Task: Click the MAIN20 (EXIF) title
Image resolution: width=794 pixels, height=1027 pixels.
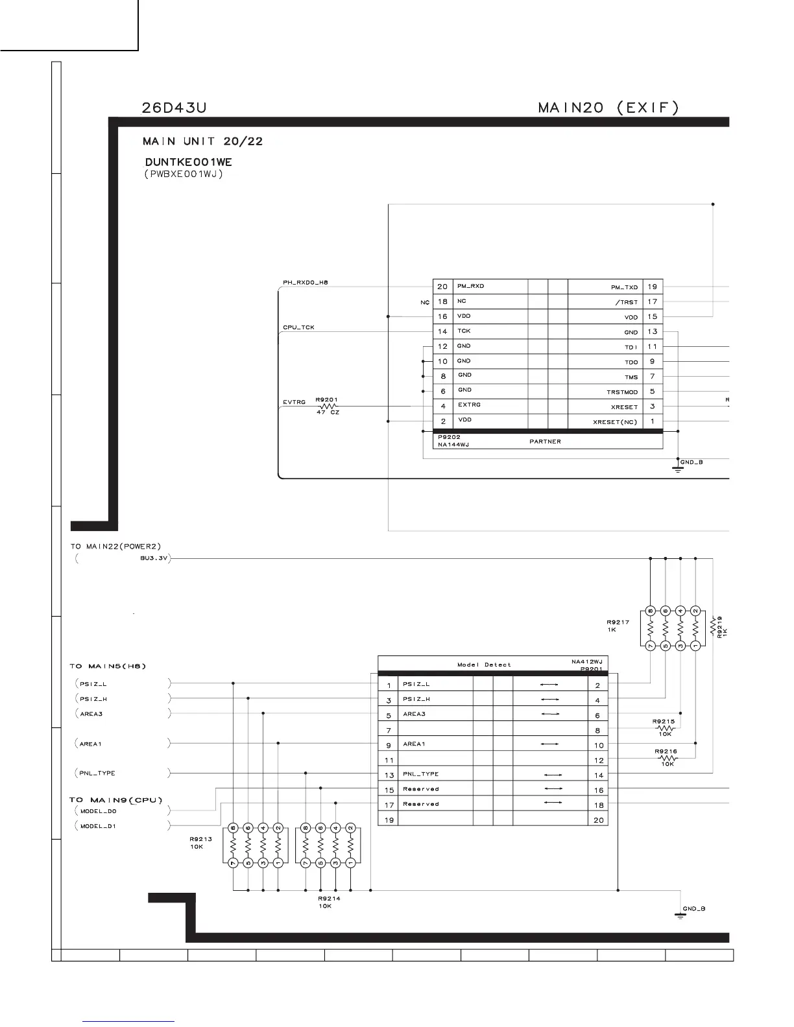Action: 608,108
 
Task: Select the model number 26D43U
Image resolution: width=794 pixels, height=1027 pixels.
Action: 174,108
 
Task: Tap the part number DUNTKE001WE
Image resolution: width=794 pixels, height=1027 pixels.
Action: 188,162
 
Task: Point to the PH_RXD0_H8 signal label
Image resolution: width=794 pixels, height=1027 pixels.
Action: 306,283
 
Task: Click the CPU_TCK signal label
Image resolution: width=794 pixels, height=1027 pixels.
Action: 298,327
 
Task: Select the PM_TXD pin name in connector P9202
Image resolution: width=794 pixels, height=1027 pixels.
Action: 624,287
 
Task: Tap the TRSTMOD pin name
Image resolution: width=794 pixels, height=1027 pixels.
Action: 622,392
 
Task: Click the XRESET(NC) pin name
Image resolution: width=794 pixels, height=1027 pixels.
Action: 615,422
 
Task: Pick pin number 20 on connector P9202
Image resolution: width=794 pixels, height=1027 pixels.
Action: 442,287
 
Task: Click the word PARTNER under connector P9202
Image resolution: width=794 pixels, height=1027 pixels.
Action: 545,442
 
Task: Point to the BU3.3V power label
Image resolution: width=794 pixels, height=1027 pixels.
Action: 153,558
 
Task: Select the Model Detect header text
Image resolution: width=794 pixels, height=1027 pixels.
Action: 484,665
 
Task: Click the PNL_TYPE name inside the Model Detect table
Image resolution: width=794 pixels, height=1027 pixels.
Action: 420,774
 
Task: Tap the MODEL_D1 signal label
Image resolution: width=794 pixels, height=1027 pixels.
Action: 98,826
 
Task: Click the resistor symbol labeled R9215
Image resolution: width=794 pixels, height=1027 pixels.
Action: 666,728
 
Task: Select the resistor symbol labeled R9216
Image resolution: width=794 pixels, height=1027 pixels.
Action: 668,758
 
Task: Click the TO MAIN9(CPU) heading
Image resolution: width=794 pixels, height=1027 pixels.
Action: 116,800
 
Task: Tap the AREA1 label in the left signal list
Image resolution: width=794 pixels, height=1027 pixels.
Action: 91,744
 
